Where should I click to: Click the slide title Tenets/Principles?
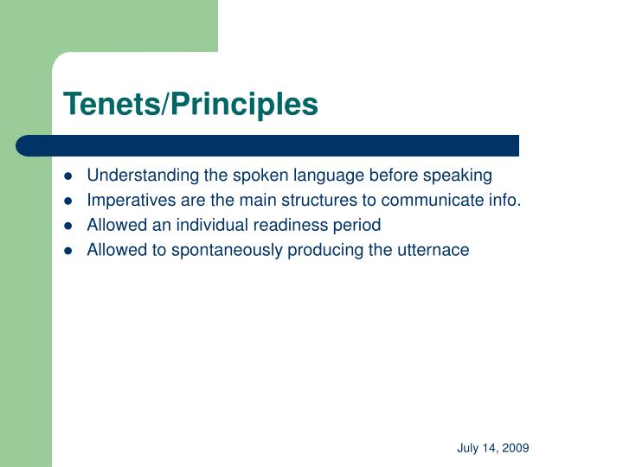click(190, 105)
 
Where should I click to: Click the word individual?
click(197, 226)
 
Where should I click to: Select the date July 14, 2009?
click(493, 448)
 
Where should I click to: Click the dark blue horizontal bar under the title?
click(268, 145)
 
